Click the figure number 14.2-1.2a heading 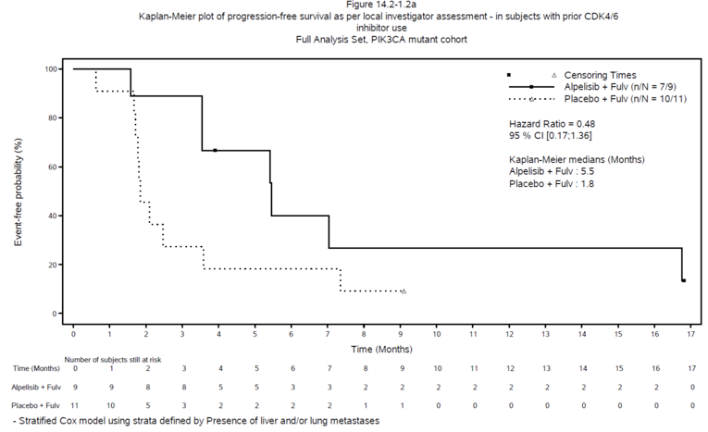[354, 6]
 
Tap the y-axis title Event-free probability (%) [19, 191]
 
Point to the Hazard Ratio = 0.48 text [557, 123]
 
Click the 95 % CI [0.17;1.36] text [554, 136]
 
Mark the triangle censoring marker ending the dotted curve [404, 291]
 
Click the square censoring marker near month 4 [215, 150]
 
